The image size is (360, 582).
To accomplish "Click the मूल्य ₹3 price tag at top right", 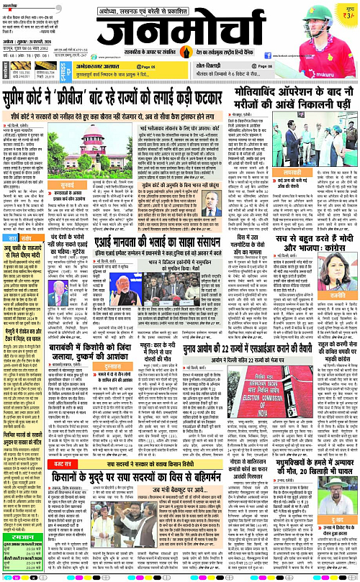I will (348, 10).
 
